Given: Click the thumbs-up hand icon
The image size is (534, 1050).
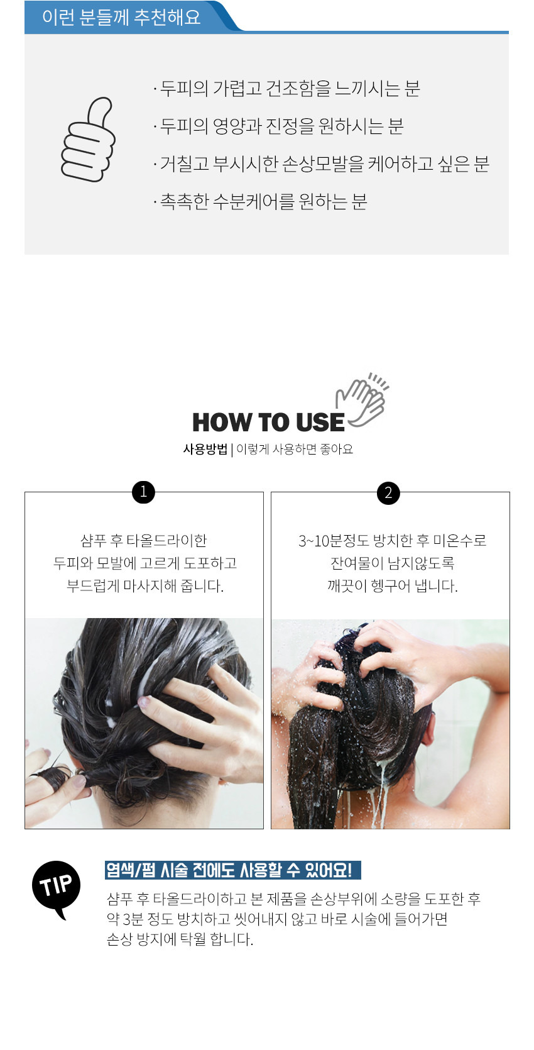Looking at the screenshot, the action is (x=87, y=140).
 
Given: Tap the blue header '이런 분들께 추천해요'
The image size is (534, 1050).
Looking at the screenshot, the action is (x=121, y=18).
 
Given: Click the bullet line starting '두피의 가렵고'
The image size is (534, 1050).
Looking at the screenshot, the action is (x=286, y=89).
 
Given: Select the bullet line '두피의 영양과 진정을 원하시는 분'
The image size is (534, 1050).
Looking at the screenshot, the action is (x=278, y=126).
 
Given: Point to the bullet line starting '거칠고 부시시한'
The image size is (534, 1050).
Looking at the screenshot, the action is (x=321, y=163).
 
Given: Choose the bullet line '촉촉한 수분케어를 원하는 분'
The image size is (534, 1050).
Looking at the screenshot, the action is (x=260, y=202).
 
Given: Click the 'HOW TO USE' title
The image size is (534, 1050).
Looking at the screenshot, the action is (x=268, y=422).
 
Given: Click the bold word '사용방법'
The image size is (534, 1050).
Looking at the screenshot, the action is (x=205, y=449).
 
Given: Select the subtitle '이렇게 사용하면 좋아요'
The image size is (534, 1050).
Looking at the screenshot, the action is (x=295, y=449).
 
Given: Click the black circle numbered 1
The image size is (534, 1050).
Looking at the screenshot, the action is (x=143, y=492).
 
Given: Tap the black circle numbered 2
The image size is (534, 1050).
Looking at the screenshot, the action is (x=388, y=493).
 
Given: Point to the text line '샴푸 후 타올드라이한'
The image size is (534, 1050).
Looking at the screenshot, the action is (x=144, y=541).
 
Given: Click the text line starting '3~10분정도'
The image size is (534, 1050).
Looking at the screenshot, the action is (x=393, y=541).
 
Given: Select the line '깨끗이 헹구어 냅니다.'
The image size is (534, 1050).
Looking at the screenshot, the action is (x=393, y=586).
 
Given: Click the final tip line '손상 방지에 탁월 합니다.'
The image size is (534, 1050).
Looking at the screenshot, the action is (x=180, y=939).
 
